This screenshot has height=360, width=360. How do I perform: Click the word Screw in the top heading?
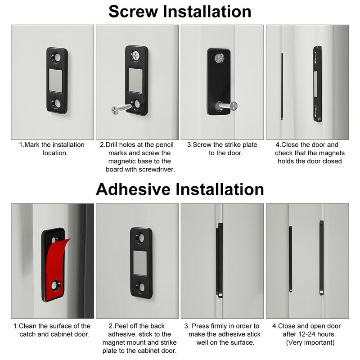click(x=133, y=12)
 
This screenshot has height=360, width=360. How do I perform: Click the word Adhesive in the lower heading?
click(x=133, y=189)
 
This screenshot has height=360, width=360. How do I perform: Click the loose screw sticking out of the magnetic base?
click(x=121, y=108)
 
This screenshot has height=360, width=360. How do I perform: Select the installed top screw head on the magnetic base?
click(x=136, y=55)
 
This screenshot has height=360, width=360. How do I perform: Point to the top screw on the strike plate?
click(x=220, y=58)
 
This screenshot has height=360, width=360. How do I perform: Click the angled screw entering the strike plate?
click(x=227, y=106)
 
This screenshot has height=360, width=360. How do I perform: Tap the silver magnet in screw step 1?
click(x=55, y=81)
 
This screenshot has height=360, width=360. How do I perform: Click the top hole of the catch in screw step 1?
click(x=56, y=58)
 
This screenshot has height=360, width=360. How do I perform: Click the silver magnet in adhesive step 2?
click(x=140, y=263)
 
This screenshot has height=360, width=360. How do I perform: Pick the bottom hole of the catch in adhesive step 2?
click(x=140, y=287)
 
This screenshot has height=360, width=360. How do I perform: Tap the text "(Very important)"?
click(x=310, y=342)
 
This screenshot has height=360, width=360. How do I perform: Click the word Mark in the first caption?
click(x=32, y=145)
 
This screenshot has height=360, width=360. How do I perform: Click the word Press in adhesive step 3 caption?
click(x=200, y=326)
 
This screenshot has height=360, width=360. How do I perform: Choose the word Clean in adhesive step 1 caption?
click(x=27, y=326)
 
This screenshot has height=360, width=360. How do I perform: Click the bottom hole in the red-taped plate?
click(x=56, y=285)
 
